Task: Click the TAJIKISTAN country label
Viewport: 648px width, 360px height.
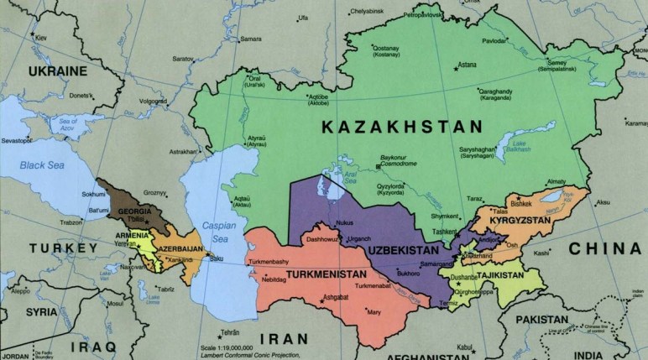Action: point(508,274)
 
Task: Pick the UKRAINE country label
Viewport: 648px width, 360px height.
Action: point(58,73)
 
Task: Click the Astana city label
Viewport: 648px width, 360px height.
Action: point(467,65)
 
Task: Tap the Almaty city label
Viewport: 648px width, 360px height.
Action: point(557,181)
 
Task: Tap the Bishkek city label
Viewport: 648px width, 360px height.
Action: point(520,204)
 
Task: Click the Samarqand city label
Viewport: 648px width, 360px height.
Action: point(436,264)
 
